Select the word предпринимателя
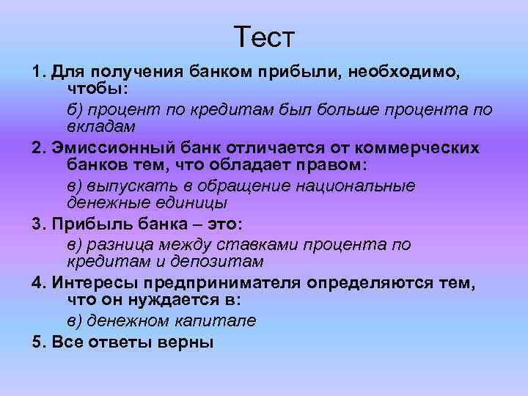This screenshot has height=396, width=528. coord(223,283)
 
